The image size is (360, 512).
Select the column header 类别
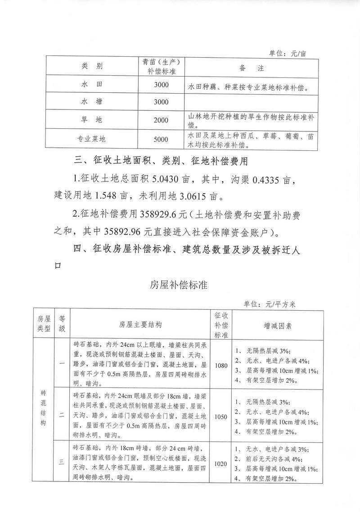click(92, 67)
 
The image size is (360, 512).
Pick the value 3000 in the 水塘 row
click(161, 102)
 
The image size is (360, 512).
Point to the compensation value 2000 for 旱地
click(161, 120)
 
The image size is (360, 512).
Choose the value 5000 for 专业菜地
click(161, 140)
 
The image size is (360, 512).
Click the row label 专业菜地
click(92, 140)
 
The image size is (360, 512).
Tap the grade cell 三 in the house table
click(62, 464)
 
